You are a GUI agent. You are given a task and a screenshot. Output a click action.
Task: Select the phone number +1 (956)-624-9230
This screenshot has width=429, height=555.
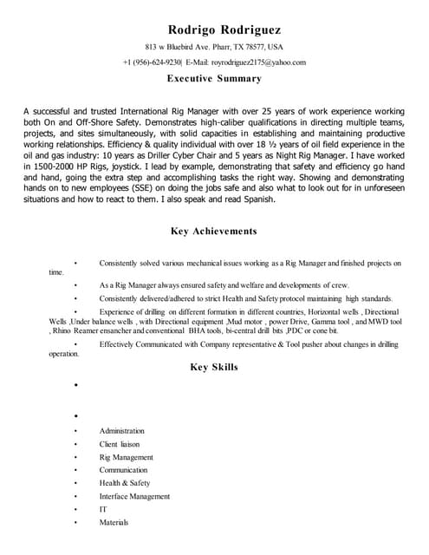coord(152,62)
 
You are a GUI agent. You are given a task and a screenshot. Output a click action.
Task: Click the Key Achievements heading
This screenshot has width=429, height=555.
coord(213,232)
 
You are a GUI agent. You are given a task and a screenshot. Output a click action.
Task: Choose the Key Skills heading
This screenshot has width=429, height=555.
coord(213,368)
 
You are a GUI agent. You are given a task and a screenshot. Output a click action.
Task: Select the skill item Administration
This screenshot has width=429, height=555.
coord(121,431)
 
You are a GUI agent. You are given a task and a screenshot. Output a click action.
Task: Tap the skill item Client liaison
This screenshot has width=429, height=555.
coord(120,444)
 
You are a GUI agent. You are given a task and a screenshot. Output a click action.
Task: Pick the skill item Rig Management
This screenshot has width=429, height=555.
coord(126,457)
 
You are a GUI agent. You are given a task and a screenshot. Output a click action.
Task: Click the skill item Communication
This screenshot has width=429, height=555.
coord(123,470)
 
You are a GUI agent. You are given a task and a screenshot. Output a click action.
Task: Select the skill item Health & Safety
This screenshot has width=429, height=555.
coord(124,483)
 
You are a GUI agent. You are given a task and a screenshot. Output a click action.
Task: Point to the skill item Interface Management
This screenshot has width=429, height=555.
coord(134,496)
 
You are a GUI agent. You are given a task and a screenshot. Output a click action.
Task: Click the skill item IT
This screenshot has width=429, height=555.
coord(102,509)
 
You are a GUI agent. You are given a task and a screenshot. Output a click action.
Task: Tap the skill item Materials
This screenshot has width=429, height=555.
coord(114,522)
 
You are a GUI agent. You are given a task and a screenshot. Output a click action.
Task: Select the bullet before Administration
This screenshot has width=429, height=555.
coord(77,431)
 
